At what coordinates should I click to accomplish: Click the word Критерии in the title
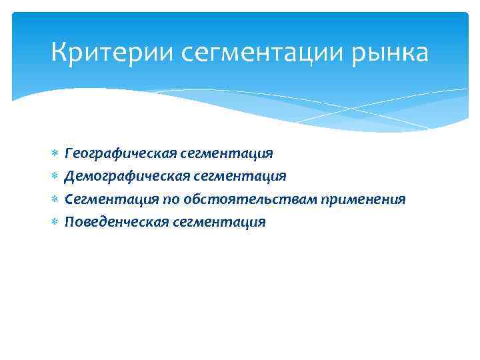click(101, 53)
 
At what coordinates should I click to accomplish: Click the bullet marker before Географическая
click(55, 154)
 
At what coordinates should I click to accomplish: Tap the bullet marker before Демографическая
click(55, 177)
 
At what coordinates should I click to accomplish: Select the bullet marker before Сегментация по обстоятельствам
click(55, 199)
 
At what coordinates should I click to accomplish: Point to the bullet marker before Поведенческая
click(55, 222)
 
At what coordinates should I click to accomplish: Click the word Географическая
click(121, 153)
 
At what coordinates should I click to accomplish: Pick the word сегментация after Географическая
click(227, 153)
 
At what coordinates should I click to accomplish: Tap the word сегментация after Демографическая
click(240, 176)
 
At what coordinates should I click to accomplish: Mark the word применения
click(363, 199)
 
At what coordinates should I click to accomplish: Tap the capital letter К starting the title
click(59, 53)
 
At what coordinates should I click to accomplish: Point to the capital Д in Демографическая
click(69, 176)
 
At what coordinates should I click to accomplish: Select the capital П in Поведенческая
click(69, 221)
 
